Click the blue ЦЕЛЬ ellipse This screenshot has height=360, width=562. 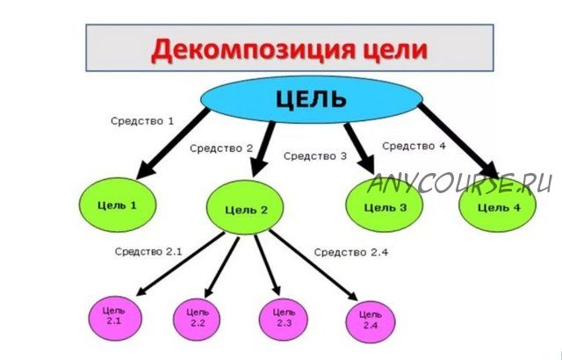coord(312,99)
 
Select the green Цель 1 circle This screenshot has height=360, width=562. coord(118,205)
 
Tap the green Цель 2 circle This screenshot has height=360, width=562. coord(245,208)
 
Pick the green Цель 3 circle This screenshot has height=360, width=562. coord(385,205)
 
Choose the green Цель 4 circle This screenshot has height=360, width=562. coord(498,205)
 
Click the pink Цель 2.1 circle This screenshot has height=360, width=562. coord(115,318)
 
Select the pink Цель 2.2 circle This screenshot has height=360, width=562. coord(197,319)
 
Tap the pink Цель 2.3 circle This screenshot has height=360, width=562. coord(283,320)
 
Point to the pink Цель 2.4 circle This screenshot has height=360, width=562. coord(371,321)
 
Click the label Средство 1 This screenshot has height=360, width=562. coord(142,121)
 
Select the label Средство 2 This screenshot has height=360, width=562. coord(221,148)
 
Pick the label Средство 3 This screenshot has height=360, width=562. coord(315,156)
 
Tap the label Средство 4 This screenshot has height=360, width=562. coord(414,146)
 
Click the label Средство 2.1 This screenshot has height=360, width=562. coord(148,251)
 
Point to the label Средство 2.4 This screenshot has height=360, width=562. coord(351,252)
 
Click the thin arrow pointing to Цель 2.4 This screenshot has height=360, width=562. coord(313,265)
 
